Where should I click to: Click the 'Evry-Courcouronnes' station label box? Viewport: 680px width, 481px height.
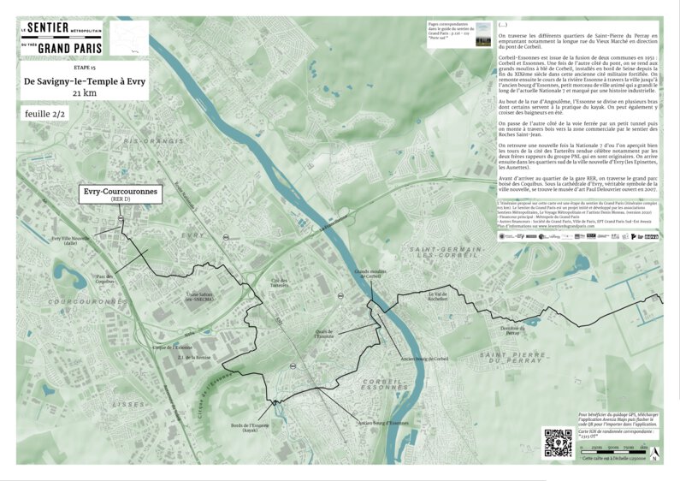coord(120,194)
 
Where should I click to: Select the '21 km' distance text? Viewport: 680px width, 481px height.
coord(84,92)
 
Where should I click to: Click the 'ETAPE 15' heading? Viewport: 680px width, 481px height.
coord(84,66)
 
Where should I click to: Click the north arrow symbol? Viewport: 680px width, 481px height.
coord(654,452)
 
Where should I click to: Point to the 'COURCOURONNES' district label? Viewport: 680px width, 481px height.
coord(88,301)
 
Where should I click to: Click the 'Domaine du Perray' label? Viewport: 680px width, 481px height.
coord(511,331)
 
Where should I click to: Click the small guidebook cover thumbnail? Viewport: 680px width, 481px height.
coord(482,33)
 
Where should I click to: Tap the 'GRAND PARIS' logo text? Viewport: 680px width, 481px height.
coord(62,49)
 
